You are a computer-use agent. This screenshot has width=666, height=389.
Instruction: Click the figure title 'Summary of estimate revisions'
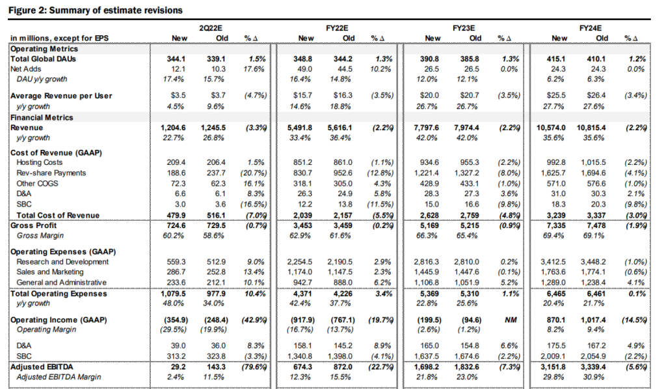pyautogui.click(x=116, y=10)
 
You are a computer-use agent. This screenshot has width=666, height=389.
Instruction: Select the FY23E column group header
pyautogui.click(x=463, y=28)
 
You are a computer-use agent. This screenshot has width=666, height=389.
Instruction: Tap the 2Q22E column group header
pyautogui.click(x=210, y=28)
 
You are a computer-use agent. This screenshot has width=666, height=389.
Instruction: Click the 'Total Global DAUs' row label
pyautogui.click(x=43, y=59)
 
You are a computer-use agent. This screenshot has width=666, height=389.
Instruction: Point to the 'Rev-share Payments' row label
pyautogui.click(x=51, y=173)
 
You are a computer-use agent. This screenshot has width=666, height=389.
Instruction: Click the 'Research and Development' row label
pyautogui.click(x=62, y=262)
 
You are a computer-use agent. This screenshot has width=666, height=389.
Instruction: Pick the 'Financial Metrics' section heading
pyautogui.click(x=42, y=117)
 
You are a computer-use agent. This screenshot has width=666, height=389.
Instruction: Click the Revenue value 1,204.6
pyautogui.click(x=173, y=128)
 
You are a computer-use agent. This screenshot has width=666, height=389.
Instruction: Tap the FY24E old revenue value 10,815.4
pyautogui.click(x=591, y=128)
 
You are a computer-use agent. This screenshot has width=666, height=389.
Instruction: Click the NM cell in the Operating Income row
pyautogui.click(x=511, y=320)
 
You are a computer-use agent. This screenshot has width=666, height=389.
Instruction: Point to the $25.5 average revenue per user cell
pyautogui.click(x=555, y=96)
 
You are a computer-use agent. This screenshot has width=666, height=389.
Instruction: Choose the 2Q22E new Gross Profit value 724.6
pyautogui.click(x=176, y=225)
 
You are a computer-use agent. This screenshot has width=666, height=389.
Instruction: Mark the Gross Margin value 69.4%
pyautogui.click(x=553, y=235)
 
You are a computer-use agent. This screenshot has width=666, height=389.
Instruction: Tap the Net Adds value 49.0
pyautogui.click(x=305, y=69)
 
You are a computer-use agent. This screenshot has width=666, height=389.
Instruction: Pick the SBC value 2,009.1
pyautogui.click(x=553, y=356)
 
